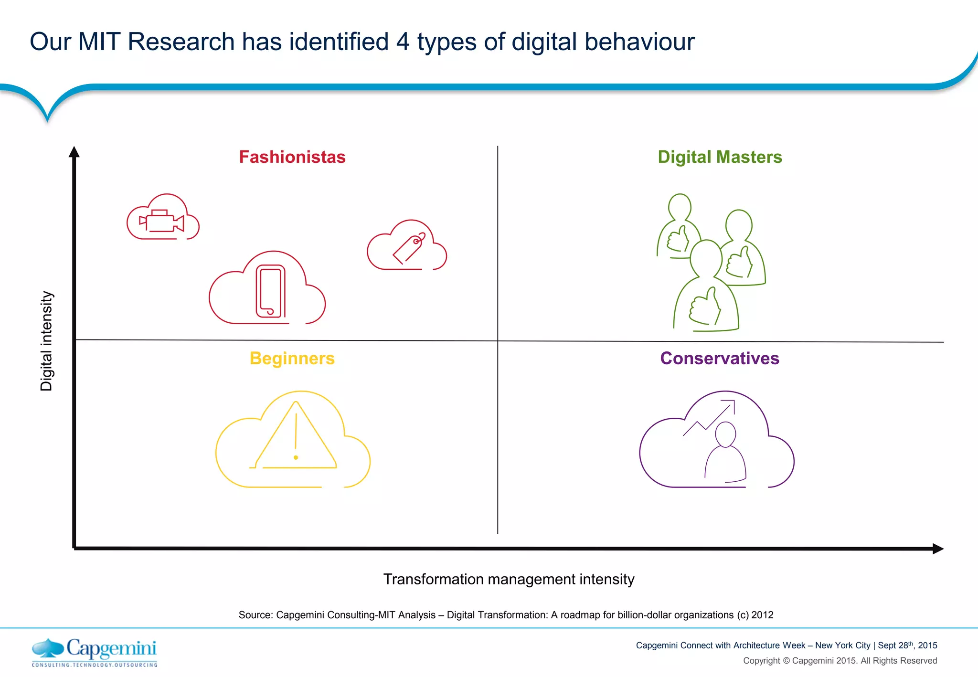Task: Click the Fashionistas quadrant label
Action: coord(292,157)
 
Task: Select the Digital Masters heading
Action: coord(720,157)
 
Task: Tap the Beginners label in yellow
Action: coord(292,359)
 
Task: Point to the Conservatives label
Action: coord(720,359)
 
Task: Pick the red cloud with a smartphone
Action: coord(267,289)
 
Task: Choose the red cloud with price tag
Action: coord(407,246)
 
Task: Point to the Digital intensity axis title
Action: coord(46,341)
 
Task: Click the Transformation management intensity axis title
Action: coord(509,579)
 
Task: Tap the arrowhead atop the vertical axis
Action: coord(74,152)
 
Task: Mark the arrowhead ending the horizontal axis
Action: coord(938,549)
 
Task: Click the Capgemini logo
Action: coord(95,652)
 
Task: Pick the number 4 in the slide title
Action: coord(403,42)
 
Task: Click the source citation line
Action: coord(506,615)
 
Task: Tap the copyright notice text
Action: coord(840,661)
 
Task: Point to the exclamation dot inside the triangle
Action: coord(296,457)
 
